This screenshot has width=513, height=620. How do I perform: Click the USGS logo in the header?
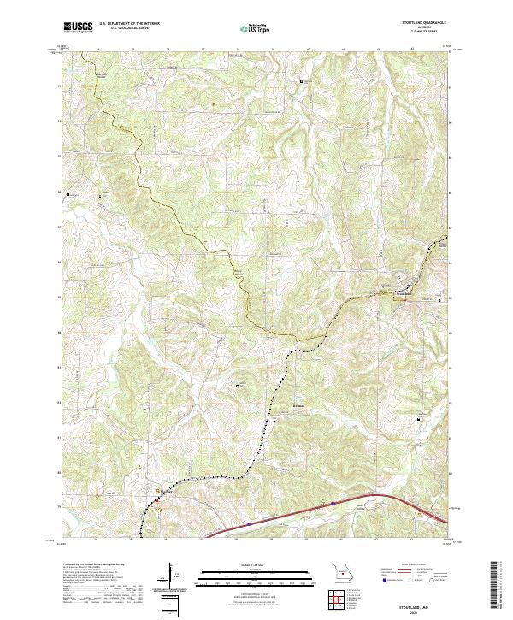coord(78,28)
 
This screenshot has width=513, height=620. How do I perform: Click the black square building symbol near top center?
coord(301,81)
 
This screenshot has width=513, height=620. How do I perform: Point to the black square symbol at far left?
coord(69,195)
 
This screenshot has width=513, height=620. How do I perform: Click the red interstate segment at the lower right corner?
coord(432,511)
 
